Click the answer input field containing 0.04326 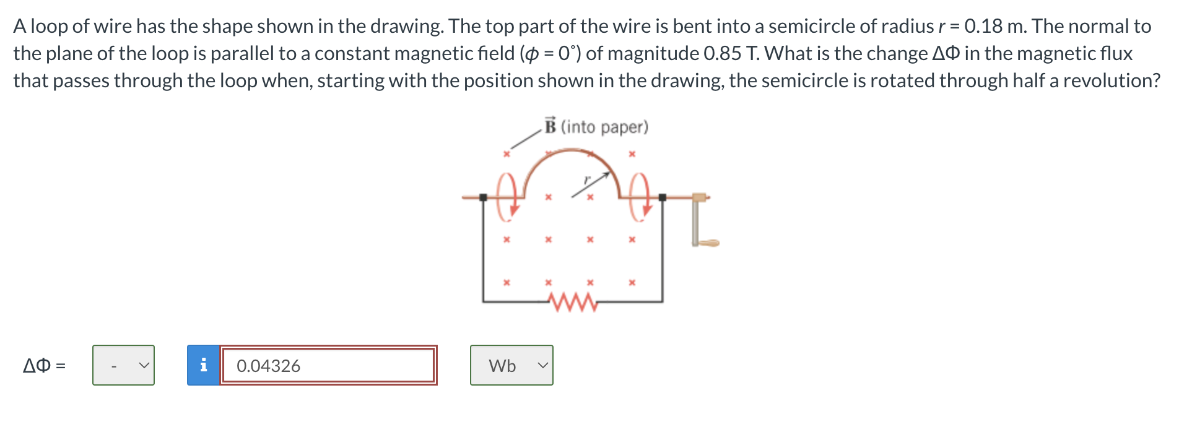[328, 366]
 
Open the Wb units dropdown [511, 366]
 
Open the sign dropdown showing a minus [123, 366]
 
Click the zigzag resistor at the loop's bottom [573, 303]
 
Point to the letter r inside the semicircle [588, 179]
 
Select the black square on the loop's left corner [484, 197]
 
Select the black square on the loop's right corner [662, 197]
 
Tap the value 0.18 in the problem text [983, 26]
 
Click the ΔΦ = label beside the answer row [44, 366]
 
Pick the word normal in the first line [1099, 26]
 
